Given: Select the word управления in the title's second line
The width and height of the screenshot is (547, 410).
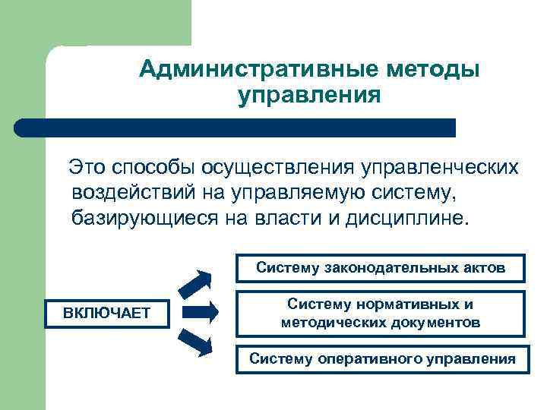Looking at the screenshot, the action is click(x=309, y=96).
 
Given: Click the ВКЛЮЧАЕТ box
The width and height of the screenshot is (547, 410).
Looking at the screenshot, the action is click(x=106, y=313).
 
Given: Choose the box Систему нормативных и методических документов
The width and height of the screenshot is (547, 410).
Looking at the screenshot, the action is click(x=381, y=313).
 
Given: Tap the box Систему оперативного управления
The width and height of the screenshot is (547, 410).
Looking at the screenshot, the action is click(x=382, y=358).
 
